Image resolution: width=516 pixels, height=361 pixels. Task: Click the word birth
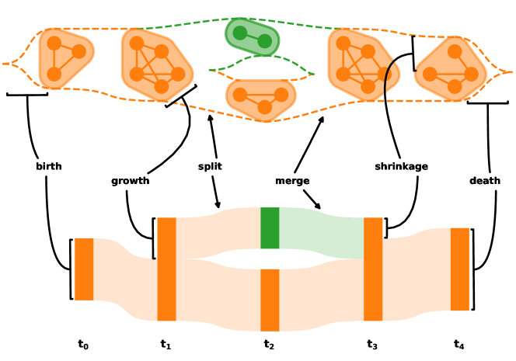[48, 166]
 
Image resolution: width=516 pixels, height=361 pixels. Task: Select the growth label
[130, 181]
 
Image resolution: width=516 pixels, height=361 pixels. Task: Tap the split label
[210, 166]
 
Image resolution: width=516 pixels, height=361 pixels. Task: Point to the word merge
[292, 181]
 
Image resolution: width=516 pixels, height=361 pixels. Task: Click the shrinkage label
[401, 166]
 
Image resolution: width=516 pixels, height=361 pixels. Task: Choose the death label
[485, 181]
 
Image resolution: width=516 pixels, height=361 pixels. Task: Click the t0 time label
[83, 345]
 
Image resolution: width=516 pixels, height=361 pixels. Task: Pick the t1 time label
[166, 345]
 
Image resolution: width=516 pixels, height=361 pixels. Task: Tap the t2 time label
[269, 345]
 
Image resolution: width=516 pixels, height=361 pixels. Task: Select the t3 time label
[372, 345]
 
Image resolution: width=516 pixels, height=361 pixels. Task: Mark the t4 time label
[459, 345]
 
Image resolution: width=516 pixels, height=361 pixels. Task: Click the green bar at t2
[270, 227]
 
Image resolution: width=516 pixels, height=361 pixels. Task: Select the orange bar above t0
[84, 269]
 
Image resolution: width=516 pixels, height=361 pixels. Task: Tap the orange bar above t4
[460, 269]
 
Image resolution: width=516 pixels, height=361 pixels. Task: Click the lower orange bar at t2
[270, 300]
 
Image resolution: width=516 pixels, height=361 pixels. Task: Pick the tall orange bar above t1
[166, 269]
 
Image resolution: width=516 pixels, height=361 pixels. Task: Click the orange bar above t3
[373, 269]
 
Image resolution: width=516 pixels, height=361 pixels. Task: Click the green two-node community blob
[252, 36]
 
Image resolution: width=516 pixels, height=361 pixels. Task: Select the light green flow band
[321, 233]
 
